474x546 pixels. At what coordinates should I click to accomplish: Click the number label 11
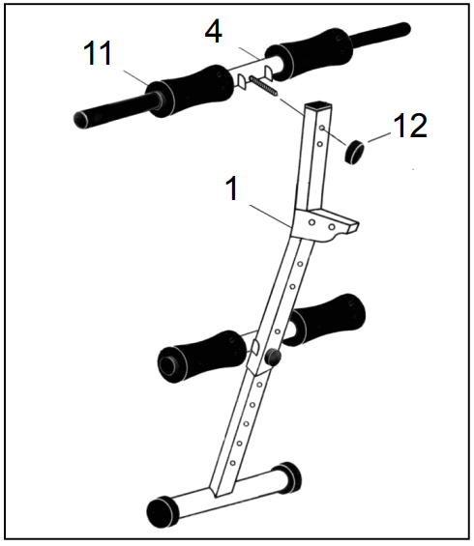97,53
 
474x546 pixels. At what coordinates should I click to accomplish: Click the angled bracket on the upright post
334,224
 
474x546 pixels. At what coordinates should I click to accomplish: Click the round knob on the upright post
273,359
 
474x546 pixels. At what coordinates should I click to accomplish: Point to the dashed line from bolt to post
290,101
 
